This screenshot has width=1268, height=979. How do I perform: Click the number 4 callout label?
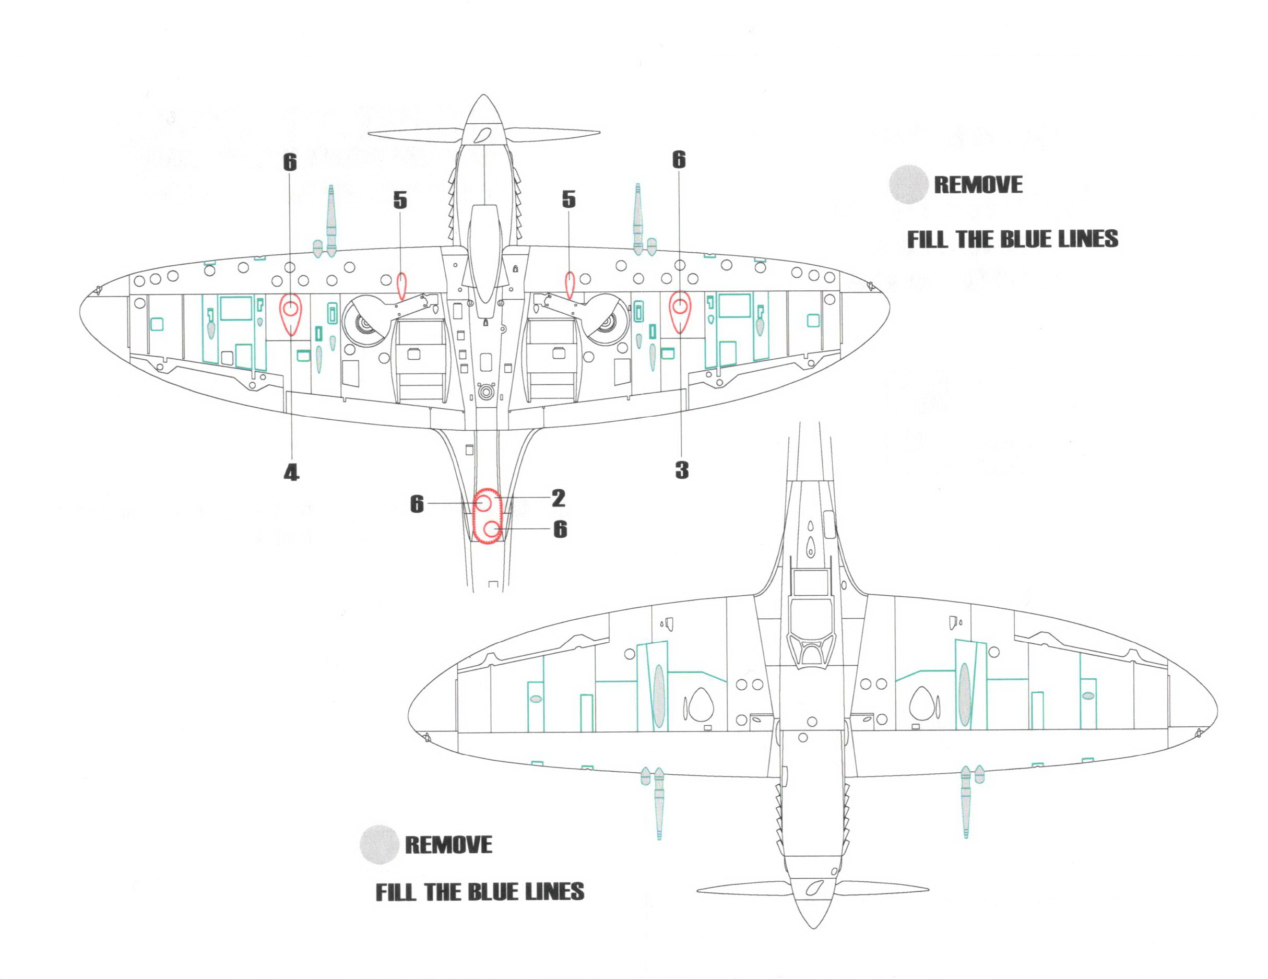(291, 473)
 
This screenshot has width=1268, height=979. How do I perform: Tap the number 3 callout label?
(682, 470)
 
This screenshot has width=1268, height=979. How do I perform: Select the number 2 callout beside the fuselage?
(558, 498)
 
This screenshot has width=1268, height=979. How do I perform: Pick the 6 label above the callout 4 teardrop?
(290, 162)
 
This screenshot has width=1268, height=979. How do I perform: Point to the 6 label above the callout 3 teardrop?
(679, 159)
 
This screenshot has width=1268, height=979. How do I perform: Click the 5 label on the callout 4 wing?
(400, 200)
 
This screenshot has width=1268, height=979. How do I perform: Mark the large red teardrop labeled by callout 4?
(290, 314)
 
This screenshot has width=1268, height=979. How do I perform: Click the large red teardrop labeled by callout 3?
(679, 312)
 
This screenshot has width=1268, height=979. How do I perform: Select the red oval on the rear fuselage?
(487, 517)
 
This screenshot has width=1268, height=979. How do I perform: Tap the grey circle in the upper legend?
(907, 185)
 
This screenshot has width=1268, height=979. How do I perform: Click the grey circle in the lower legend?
(378, 844)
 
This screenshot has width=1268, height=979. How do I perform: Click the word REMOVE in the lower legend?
(448, 844)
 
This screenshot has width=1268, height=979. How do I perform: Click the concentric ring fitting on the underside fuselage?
(485, 393)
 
